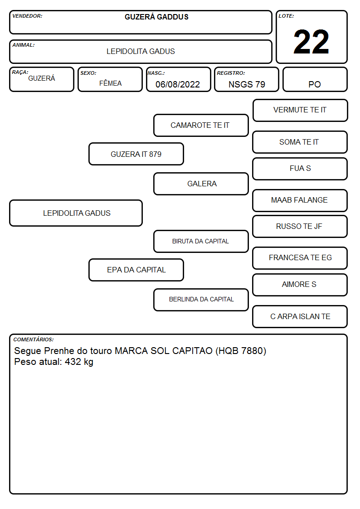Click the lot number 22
(x=311, y=42)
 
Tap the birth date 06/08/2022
(x=178, y=84)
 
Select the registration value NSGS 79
(x=247, y=84)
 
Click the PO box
(x=315, y=79)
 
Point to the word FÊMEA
(x=110, y=83)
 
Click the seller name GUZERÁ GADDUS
(x=156, y=17)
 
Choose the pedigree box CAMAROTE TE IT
(x=201, y=125)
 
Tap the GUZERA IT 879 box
(x=136, y=154)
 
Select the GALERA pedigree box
(x=201, y=184)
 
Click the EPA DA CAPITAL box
(x=136, y=270)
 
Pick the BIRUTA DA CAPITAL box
(x=201, y=241)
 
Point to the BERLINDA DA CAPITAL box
(x=201, y=300)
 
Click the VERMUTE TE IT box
(x=300, y=111)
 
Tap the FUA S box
(x=300, y=169)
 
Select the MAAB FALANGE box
(x=300, y=200)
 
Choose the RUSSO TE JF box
(x=300, y=226)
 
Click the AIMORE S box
(x=300, y=285)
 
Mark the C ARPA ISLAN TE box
(x=300, y=316)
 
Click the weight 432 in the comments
(x=73, y=362)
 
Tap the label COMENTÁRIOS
(x=34, y=339)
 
